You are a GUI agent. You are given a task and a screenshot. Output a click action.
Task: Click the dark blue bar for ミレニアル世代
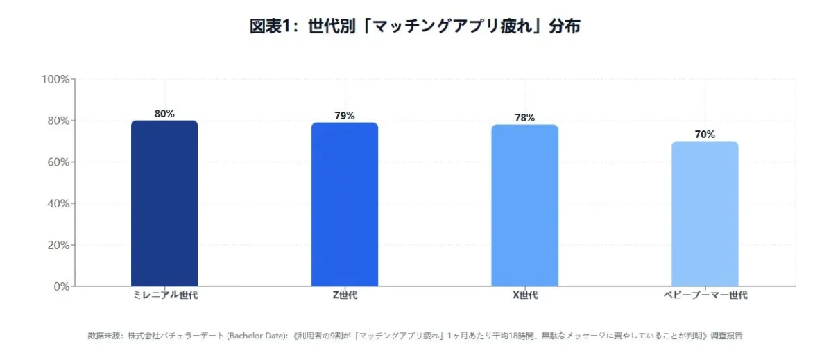click(164, 203)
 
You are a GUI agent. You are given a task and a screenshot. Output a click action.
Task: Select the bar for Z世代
click(345, 205)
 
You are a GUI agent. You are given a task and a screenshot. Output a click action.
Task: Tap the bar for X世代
click(524, 205)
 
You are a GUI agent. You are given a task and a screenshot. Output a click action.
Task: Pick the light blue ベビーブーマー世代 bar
click(705, 214)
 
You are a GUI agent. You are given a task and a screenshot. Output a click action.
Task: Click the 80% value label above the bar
click(164, 114)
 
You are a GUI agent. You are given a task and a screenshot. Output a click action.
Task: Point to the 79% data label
click(345, 116)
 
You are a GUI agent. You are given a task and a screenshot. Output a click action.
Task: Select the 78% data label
click(524, 118)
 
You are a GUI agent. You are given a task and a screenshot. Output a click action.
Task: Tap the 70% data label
click(705, 135)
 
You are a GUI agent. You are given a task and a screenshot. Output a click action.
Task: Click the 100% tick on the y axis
click(55, 79)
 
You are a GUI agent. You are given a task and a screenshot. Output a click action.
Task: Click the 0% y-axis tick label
click(60, 286)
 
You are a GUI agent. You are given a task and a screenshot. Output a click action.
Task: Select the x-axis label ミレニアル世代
click(164, 295)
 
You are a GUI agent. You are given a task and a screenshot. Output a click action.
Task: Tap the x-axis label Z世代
click(345, 295)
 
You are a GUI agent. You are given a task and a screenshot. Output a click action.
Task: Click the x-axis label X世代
click(524, 295)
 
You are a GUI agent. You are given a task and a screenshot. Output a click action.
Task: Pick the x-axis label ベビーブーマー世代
click(705, 295)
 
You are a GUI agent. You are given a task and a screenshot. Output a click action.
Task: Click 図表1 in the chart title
click(269, 26)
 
